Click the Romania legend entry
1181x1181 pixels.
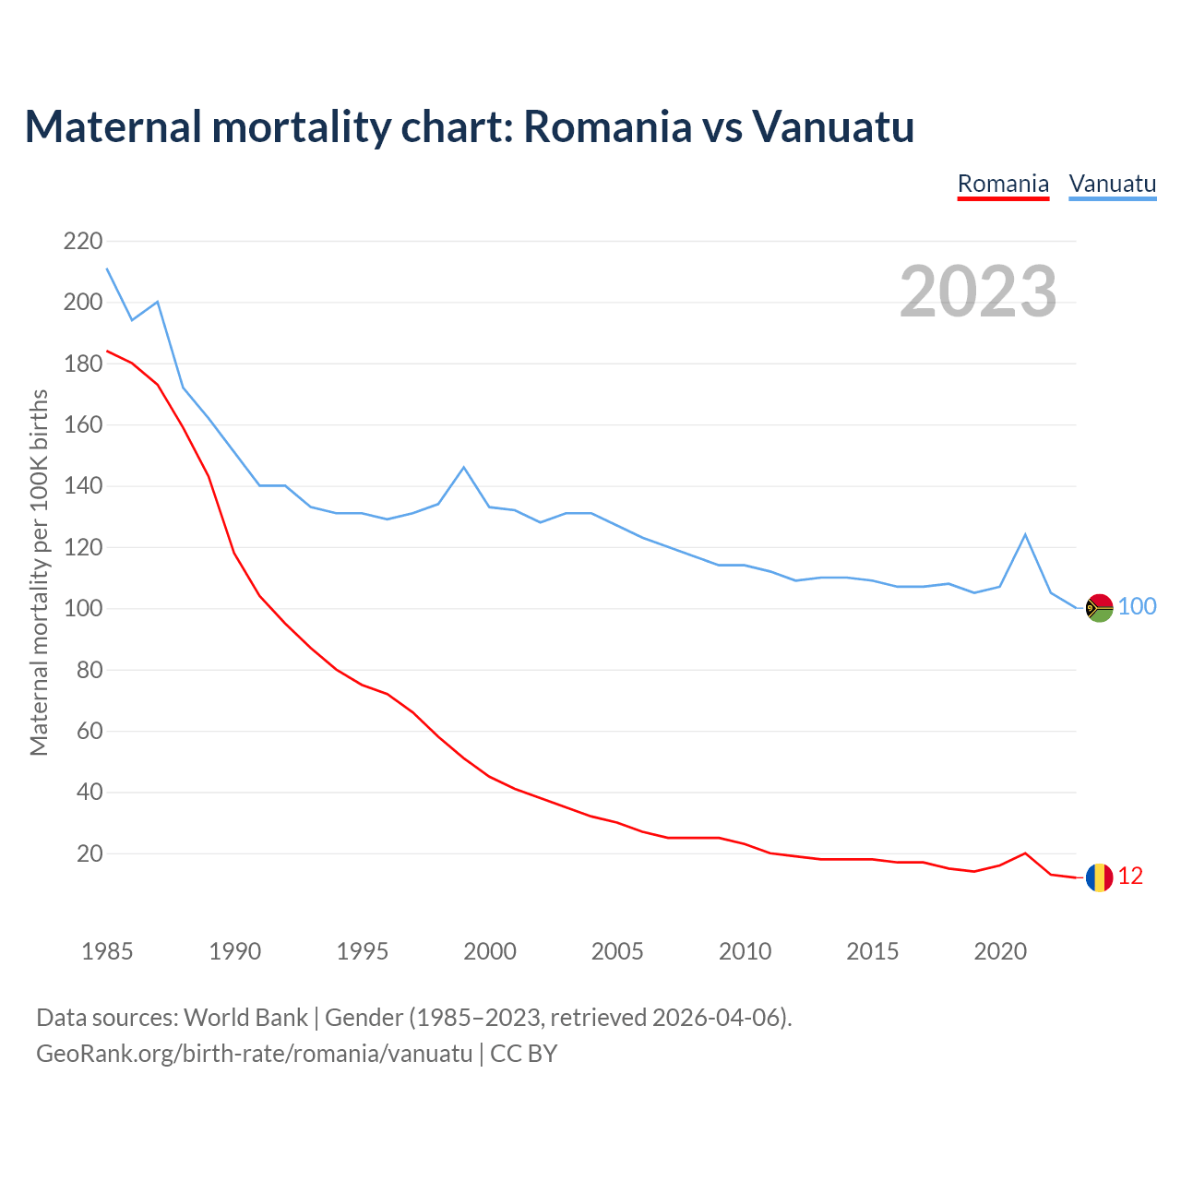(1003, 184)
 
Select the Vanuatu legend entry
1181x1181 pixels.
(1112, 184)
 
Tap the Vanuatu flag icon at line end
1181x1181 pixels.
(1099, 607)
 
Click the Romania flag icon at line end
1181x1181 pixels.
(1099, 877)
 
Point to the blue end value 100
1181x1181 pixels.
(1138, 606)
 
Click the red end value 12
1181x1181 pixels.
(1130, 877)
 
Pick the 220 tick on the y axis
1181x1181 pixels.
(83, 242)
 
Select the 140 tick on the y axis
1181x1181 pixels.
(83, 486)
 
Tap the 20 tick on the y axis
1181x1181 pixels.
(89, 853)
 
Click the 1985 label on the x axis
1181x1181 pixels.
(107, 951)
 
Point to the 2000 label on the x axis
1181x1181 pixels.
(490, 951)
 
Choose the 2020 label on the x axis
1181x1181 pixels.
(1000, 951)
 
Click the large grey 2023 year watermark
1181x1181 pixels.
(978, 292)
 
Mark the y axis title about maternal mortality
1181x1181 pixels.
(39, 572)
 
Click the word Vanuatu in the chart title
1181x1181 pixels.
(833, 126)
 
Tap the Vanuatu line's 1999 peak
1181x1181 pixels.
(463, 467)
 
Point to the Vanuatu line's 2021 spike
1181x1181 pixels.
(1025, 534)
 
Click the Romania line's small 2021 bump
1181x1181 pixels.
(1025, 853)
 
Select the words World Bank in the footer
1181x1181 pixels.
(245, 1018)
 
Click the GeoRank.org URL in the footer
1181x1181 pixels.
(254, 1054)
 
